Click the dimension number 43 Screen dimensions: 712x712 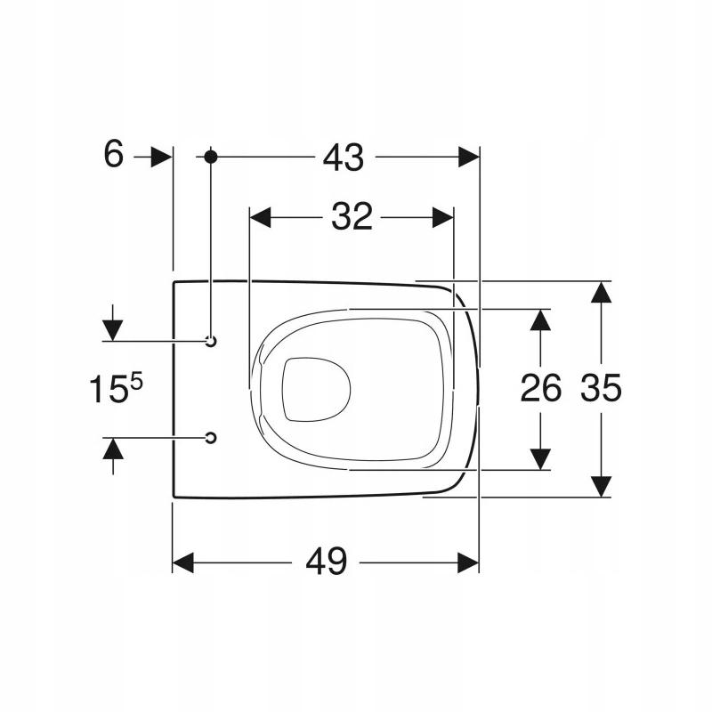[x=344, y=158]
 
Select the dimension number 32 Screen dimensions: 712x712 [x=352, y=216]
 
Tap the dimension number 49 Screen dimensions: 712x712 [x=325, y=562]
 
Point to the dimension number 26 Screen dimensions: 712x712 [x=540, y=389]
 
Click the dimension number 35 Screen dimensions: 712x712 [x=601, y=389]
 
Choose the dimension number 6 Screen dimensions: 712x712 [x=113, y=155]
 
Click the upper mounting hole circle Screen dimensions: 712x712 [x=211, y=341]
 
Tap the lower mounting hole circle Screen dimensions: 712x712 [x=211, y=437]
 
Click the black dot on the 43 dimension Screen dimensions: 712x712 [x=211, y=157]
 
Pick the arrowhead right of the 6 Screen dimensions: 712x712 [x=160, y=157]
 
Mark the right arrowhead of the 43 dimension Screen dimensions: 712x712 [x=468, y=158]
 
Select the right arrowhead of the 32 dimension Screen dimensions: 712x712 [x=443, y=216]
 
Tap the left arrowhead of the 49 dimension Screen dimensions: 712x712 [x=183, y=562]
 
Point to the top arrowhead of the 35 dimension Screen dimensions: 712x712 [x=603, y=293]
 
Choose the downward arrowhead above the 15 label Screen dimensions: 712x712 [x=113, y=318]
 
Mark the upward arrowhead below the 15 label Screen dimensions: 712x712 [x=113, y=449]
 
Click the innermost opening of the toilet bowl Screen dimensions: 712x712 [x=316, y=389]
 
